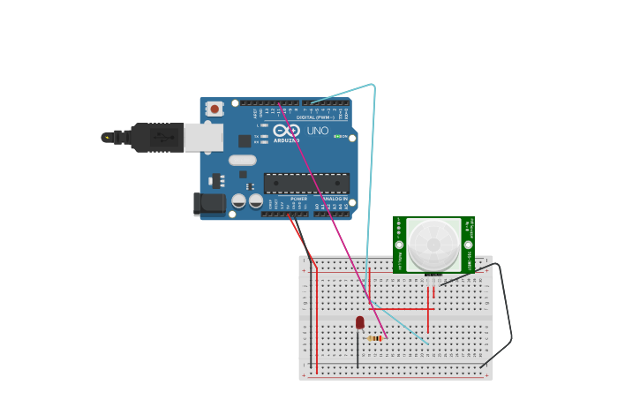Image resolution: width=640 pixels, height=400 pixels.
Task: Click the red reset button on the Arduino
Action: pos(215,109)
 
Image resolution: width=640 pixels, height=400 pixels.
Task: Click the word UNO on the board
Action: pos(318,131)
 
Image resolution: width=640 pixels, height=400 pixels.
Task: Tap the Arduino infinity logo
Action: pos(287,130)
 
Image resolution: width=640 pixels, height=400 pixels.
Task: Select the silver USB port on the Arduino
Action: pos(204,136)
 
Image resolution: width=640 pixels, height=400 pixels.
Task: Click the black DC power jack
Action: pos(210,203)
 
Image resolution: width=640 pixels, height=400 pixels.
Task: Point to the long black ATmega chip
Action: pos(306,183)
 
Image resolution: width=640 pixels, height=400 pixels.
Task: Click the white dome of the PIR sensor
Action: pos(433,244)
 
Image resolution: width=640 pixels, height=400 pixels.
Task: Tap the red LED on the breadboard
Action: pos(360,322)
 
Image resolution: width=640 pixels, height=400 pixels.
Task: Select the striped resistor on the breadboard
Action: pos(375,338)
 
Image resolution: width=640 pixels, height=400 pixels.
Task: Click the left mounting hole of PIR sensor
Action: pos(399,245)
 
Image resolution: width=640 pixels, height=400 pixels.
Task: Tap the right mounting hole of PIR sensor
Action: pos(469,245)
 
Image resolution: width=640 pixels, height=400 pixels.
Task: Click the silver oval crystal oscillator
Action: pos(242,161)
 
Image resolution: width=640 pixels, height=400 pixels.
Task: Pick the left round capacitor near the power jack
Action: pos(239,201)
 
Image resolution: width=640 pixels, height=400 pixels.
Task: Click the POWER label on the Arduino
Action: pos(298,199)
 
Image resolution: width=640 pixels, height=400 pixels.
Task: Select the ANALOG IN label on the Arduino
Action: pos(335,199)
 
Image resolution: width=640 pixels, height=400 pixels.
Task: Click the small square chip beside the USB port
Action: pos(244,140)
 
